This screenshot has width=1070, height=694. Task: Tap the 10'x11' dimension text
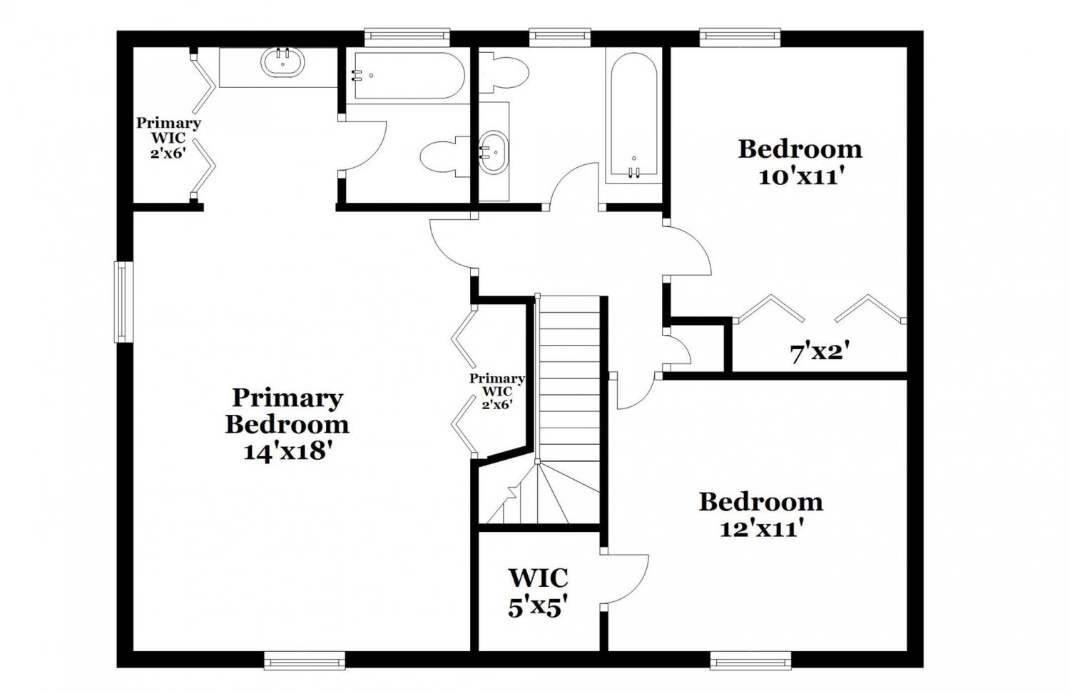coord(799,177)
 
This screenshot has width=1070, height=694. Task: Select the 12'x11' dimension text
coord(760,529)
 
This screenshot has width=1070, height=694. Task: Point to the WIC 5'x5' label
coord(538,592)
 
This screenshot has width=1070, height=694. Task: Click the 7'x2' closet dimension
coord(820,353)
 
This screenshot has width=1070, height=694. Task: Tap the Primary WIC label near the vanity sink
coord(168,138)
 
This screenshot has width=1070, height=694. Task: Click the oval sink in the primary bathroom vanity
coord(282,62)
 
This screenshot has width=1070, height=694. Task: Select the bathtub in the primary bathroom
coord(409,76)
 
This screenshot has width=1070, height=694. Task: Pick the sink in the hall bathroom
coord(494,151)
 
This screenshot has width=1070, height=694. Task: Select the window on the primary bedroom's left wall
coord(123,301)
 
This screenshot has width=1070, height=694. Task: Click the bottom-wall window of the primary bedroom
coord(305,661)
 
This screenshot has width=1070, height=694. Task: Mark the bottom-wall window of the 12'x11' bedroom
coord(750,661)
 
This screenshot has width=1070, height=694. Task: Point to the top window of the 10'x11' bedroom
coord(740,37)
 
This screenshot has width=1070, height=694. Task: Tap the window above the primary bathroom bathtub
coord(407,37)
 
